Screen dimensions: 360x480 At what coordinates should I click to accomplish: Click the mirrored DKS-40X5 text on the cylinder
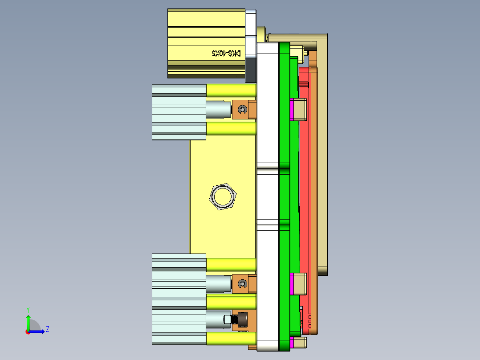[226, 53]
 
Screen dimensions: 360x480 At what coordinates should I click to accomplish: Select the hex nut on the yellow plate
[223, 196]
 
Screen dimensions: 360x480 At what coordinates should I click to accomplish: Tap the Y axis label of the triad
[28, 309]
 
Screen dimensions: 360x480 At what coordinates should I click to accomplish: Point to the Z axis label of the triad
[47, 329]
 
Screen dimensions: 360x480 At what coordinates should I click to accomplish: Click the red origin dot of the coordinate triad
[28, 331]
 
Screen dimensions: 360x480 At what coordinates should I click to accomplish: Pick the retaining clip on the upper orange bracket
[242, 110]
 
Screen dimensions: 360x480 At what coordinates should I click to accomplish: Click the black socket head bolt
[240, 319]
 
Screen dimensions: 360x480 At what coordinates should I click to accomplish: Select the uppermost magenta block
[292, 110]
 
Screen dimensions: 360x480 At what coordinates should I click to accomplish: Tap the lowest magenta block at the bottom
[292, 343]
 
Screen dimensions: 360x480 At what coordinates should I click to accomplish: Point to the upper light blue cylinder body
[179, 112]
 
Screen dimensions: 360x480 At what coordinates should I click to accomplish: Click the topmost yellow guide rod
[231, 91]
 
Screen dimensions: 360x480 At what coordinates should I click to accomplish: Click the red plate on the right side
[305, 178]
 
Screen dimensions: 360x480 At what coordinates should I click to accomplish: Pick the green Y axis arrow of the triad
[28, 322]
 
